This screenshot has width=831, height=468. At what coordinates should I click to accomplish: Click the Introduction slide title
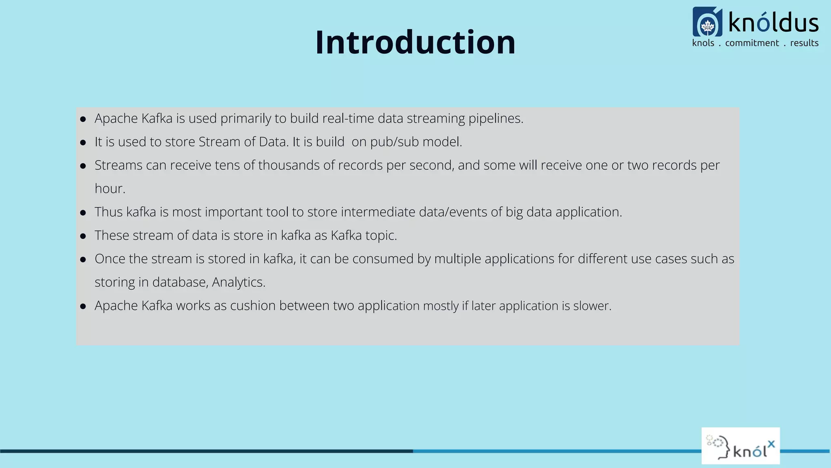415,42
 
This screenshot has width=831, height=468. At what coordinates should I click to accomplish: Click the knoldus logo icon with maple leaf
707,22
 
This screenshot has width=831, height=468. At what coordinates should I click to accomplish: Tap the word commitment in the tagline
752,43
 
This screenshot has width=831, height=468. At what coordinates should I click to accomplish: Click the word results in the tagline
804,43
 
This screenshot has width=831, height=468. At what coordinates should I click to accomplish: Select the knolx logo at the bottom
741,446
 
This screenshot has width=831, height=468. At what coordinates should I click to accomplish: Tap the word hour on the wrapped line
109,189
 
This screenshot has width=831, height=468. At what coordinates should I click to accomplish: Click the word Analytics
238,282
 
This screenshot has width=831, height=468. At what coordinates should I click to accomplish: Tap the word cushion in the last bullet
253,305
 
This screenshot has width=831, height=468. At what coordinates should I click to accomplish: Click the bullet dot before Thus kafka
83,212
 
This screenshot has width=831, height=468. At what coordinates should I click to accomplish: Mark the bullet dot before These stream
83,236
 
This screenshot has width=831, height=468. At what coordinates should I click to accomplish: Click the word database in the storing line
180,282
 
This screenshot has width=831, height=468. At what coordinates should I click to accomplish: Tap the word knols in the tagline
703,43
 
